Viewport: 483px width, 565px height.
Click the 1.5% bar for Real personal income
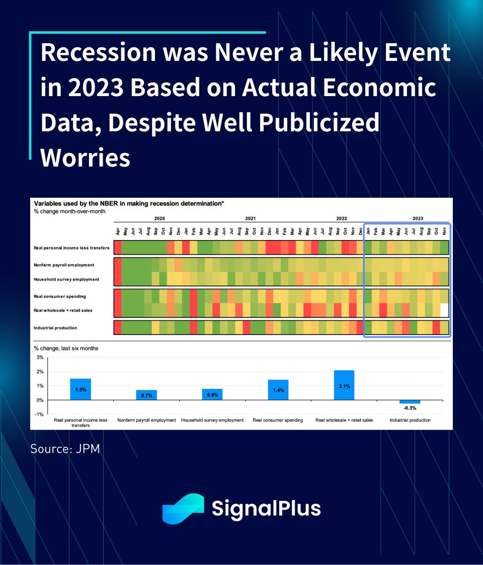click(x=80, y=389)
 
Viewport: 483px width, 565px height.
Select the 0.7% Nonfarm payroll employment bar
click(x=146, y=395)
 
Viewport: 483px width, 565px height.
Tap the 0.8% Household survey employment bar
click(x=212, y=394)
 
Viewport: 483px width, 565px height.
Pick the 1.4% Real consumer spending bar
click(x=278, y=390)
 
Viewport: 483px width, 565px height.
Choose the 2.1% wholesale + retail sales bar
click(x=344, y=385)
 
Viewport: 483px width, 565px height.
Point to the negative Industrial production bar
click(x=410, y=402)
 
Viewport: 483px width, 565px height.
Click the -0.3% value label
click(x=410, y=408)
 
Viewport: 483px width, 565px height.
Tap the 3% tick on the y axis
click(x=40, y=357)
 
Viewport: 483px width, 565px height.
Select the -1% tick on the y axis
click(x=39, y=415)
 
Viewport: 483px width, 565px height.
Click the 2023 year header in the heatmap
click(x=418, y=218)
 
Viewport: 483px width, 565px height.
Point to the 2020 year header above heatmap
click(x=159, y=218)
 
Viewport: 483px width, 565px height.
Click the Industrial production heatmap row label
click(x=55, y=328)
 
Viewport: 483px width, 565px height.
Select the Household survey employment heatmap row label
click(x=66, y=279)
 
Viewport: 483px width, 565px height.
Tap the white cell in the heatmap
click(x=444, y=310)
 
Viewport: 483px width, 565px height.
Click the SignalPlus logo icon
click(x=183, y=509)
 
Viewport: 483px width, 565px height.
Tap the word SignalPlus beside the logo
click(x=266, y=509)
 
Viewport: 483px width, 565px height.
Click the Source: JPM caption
click(x=65, y=449)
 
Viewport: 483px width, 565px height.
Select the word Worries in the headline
click(x=85, y=158)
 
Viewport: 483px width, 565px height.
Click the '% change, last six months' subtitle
click(x=66, y=349)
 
